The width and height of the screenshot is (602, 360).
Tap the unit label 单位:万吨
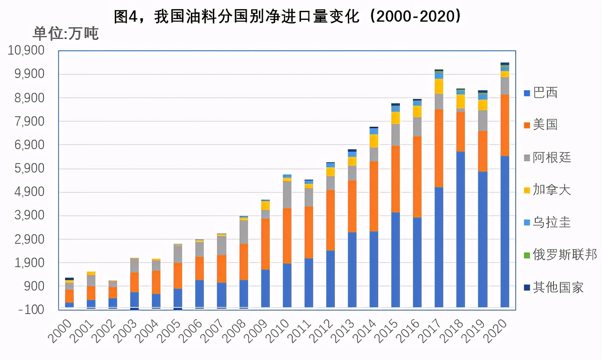[65, 33]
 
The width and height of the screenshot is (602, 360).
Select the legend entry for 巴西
[540, 93]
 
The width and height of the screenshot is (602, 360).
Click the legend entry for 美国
[540, 125]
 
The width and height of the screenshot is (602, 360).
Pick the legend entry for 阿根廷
[547, 157]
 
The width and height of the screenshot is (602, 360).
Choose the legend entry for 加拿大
[547, 190]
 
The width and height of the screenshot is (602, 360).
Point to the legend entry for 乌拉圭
[547, 223]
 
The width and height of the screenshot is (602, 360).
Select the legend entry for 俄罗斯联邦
[560, 255]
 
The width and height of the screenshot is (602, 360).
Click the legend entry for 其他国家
[553, 287]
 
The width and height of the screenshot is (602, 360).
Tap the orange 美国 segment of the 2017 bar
[439, 148]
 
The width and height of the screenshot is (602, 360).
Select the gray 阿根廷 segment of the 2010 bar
[287, 195]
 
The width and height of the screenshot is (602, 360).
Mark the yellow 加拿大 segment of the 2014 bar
[374, 141]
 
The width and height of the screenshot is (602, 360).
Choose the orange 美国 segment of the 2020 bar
[504, 125]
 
